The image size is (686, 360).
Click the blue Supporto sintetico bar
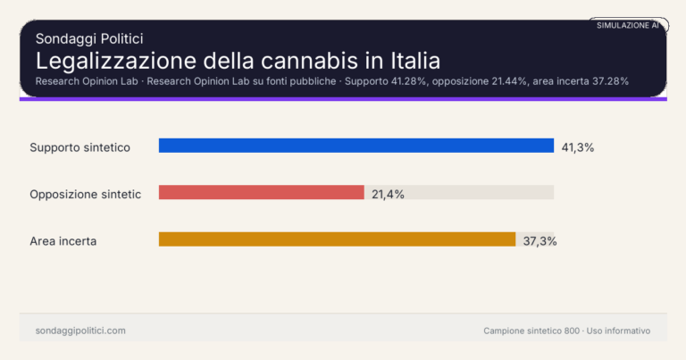tap(356, 146)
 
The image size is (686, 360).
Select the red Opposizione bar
tap(262, 193)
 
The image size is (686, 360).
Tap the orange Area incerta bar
tap(337, 239)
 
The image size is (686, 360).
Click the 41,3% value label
tap(578, 147)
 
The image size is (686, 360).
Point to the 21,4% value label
tap(388, 194)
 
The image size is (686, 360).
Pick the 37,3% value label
tap(540, 241)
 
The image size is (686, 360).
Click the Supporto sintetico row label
tap(80, 147)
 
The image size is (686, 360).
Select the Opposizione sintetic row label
tap(86, 194)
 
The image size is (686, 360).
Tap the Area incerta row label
tap(63, 241)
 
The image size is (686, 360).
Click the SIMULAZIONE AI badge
tap(628, 26)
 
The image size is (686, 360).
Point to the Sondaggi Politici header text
tap(89, 38)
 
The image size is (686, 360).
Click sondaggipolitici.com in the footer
tap(80, 331)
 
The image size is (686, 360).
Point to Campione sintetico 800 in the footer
tap(531, 331)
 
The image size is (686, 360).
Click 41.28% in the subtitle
tap(406, 81)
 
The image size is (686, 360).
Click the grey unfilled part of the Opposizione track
tap(459, 193)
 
